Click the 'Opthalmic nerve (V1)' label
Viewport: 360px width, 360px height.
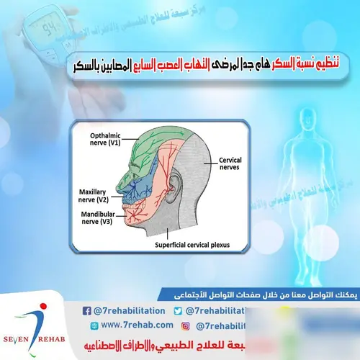click(104, 139)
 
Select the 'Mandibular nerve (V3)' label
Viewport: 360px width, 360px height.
click(98, 219)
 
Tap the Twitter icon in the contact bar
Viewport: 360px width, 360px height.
click(179, 310)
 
